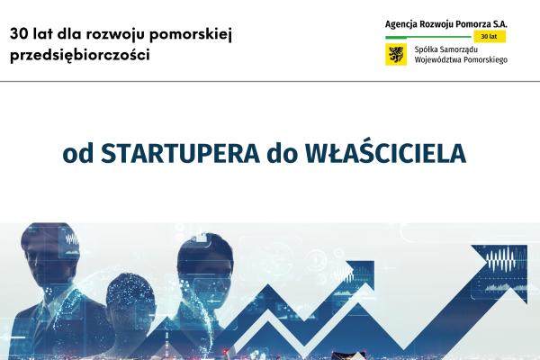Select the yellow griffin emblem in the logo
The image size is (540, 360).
click(x=394, y=55)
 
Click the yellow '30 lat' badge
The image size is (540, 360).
click(x=489, y=37)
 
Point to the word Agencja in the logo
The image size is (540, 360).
click(x=404, y=22)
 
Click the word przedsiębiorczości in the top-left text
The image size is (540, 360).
click(x=80, y=54)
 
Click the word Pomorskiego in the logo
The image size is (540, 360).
click(x=481, y=60)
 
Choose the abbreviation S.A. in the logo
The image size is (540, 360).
click(x=498, y=22)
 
